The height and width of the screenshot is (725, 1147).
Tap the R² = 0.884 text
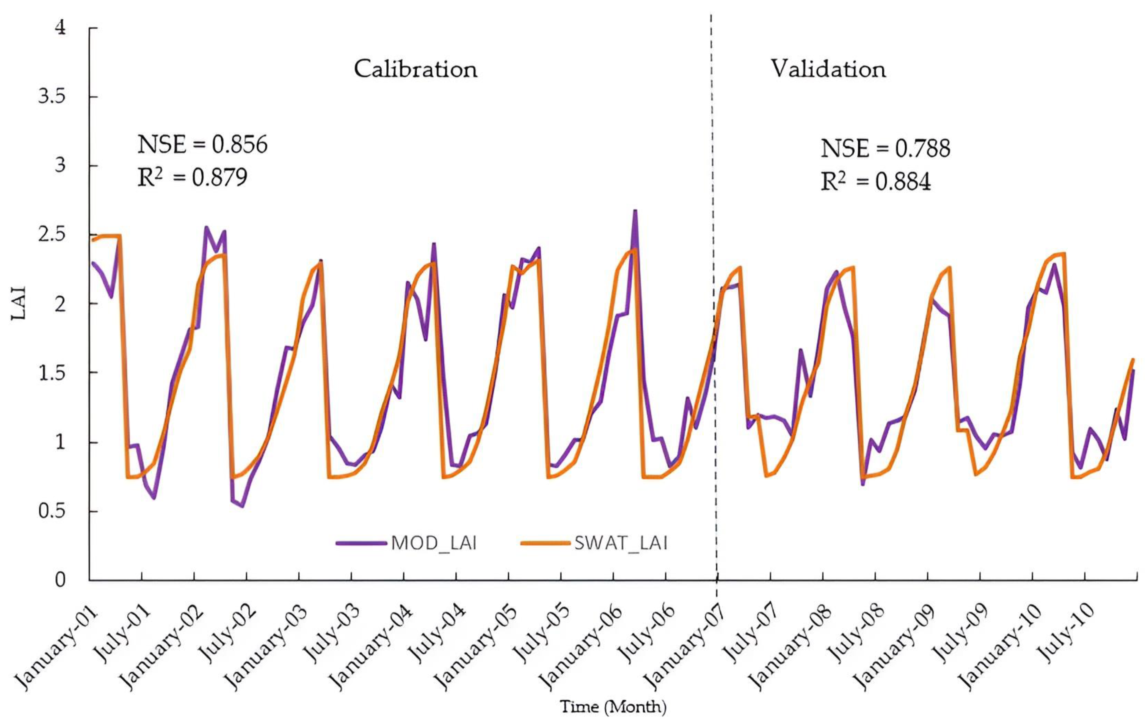click(x=876, y=182)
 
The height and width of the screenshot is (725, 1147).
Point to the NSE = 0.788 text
click(x=885, y=149)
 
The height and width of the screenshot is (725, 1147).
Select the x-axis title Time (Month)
click(x=613, y=707)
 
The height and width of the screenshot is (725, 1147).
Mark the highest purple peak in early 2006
click(x=635, y=211)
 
